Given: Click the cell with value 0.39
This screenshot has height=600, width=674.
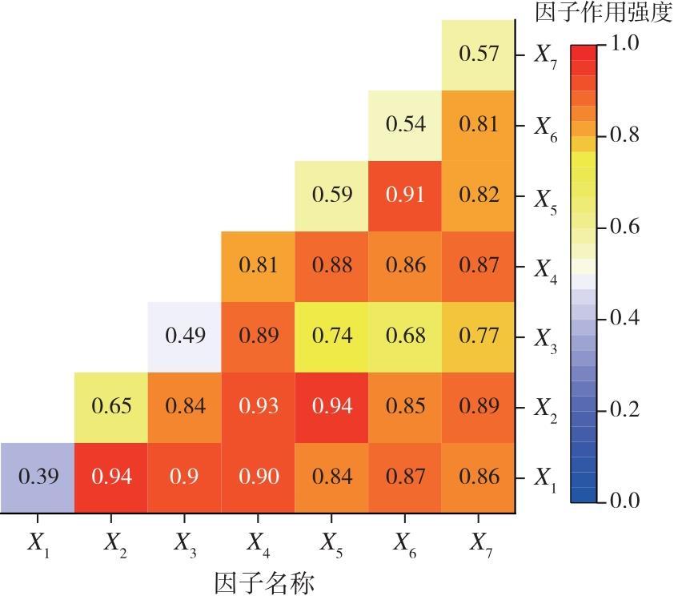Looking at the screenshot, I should coord(37,477).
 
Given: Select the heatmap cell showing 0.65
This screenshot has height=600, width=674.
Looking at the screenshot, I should coord(110,407).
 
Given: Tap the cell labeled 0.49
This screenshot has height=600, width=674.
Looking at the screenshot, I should coord(184,336).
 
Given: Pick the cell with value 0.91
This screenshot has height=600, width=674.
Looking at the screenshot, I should coord(405,195).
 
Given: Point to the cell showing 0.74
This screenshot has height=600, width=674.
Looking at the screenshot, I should coord(331,336).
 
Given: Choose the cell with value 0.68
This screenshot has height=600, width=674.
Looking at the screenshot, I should coord(405,336).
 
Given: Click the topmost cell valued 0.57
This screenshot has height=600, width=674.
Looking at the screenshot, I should coord(479,54).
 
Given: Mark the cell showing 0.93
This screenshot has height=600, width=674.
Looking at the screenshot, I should coord(258,407).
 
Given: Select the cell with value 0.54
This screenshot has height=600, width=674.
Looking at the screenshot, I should coord(405,125).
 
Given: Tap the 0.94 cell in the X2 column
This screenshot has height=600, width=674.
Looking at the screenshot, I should coord(110,477).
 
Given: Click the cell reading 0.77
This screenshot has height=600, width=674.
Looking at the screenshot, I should coord(479,336).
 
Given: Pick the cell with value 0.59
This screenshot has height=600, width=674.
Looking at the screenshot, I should coord(331,195).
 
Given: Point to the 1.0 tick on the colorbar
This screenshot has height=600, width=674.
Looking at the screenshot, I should coord(623,43).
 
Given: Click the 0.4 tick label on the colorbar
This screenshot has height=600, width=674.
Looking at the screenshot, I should coord(623,318).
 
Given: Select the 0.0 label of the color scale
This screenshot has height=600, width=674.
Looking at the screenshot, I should coord(623,501).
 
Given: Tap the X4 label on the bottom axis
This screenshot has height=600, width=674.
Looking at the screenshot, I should coord(258,544).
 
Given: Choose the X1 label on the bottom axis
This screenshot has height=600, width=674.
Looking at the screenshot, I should coord(38,544).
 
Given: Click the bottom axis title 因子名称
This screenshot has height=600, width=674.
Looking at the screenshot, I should coord(263,582).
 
